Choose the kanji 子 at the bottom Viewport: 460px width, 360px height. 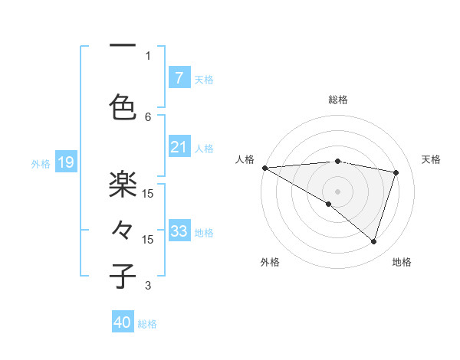[123, 275]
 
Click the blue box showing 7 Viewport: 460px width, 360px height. [179, 77]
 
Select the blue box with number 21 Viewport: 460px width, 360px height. [179, 148]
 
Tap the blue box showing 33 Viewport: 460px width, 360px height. [179, 231]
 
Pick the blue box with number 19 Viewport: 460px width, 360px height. [65, 162]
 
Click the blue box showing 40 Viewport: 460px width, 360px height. [123, 323]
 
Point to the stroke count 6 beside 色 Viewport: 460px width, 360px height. [148, 116]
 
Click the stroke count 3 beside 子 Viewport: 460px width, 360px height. [148, 286]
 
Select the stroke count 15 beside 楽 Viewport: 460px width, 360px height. [148, 193]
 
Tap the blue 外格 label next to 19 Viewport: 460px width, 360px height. [41, 163]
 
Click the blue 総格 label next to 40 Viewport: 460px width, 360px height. [147, 324]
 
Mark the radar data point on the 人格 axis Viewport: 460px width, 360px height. [264, 167]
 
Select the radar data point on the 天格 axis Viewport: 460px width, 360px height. [396, 172]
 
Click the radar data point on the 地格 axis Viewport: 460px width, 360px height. [373, 241]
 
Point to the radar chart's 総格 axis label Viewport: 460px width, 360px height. [337, 100]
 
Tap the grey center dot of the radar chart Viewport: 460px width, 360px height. [337, 191]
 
